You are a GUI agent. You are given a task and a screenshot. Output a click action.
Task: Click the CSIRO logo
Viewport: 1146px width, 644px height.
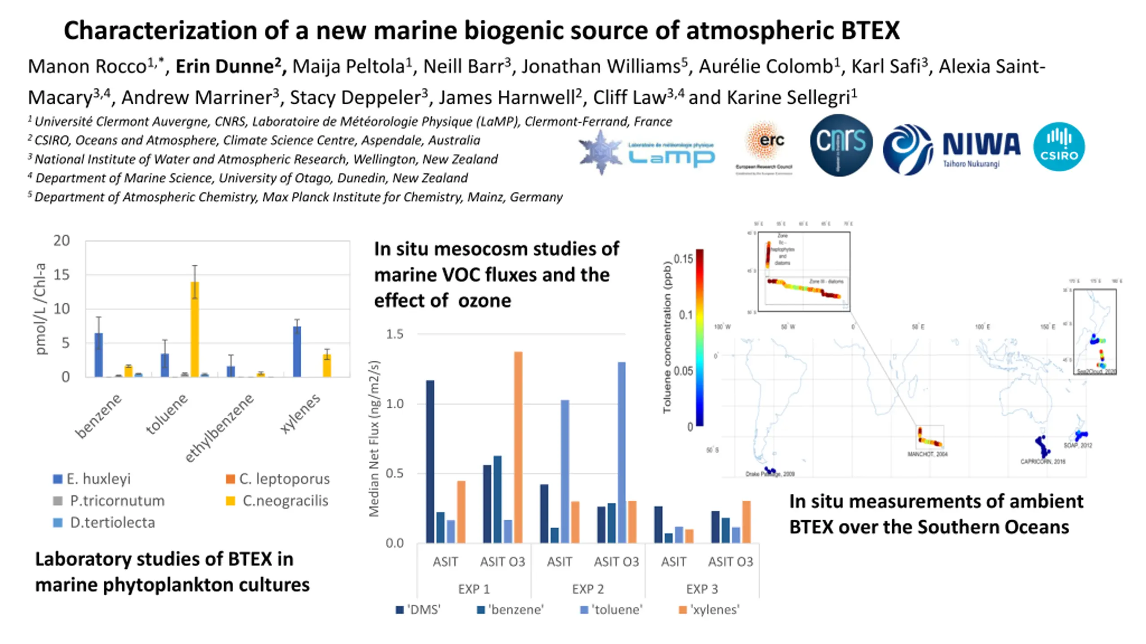(1059, 147)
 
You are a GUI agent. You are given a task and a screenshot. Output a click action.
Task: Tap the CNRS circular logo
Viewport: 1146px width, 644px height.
(841, 144)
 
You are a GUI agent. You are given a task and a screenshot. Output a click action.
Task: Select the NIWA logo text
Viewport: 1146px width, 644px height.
(981, 145)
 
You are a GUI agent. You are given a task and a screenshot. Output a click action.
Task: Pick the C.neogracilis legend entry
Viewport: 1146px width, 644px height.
(278, 500)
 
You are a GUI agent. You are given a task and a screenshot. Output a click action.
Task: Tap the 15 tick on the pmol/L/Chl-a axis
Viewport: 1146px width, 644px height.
(62, 274)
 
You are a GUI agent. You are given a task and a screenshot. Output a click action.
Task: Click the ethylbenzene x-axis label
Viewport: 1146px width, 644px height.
(219, 428)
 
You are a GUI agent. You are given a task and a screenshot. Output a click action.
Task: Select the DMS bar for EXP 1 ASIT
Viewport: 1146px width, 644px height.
(430, 461)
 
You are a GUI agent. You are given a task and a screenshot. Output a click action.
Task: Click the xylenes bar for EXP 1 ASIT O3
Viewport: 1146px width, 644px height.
(518, 447)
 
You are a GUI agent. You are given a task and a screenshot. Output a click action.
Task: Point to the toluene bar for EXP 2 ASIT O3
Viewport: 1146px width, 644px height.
(621, 452)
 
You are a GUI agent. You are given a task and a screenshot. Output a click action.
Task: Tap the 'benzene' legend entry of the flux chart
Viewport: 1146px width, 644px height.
(510, 610)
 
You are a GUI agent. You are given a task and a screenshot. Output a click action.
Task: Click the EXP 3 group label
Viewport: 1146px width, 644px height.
(702, 589)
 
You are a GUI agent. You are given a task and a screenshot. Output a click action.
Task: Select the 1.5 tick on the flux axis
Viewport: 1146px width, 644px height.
(394, 334)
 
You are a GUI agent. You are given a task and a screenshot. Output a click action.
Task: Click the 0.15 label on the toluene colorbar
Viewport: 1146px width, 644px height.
(683, 259)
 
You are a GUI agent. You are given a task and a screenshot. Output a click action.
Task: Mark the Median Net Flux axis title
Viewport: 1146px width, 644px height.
(374, 438)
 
